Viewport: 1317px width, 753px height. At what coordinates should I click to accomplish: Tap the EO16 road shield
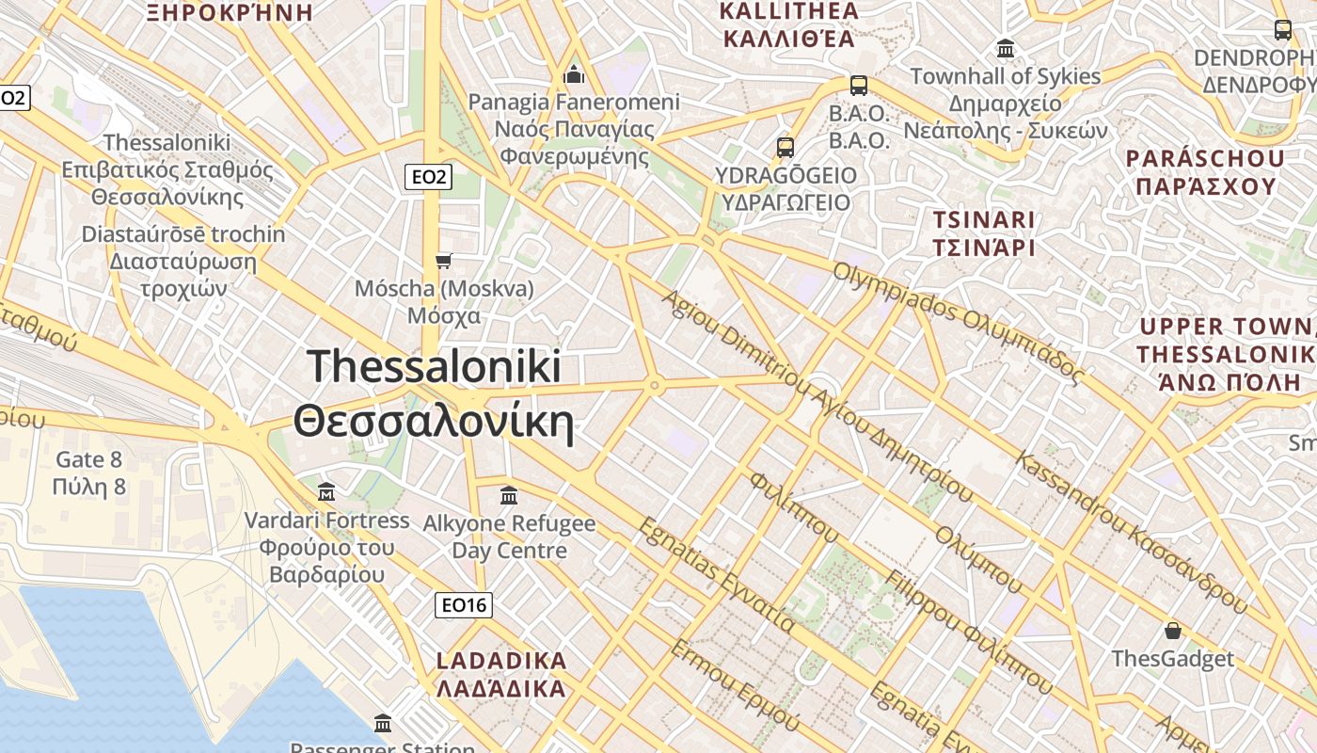point(465,605)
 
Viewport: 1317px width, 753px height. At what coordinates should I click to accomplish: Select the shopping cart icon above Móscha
point(444,261)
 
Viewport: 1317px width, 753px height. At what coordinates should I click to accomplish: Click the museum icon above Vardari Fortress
point(326,491)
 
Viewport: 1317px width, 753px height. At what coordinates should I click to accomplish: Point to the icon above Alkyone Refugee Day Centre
point(509,494)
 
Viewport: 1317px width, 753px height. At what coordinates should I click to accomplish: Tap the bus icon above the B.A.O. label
point(858,86)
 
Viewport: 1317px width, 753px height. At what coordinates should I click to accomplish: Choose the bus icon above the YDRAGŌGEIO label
point(785,148)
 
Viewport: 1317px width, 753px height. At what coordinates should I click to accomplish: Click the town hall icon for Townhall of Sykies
point(1006,48)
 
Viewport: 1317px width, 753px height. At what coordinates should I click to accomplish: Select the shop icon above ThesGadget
point(1172,630)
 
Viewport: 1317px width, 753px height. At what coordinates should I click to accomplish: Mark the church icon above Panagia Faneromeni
point(574,73)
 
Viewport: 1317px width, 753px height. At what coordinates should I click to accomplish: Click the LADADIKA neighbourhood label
point(502,674)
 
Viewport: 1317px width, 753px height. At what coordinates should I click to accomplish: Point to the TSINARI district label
point(983,233)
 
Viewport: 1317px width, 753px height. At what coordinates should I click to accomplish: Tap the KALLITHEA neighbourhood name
point(788,25)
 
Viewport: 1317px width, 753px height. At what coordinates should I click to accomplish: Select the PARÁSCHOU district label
point(1205,171)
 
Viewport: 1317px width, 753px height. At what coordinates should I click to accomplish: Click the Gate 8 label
point(89,473)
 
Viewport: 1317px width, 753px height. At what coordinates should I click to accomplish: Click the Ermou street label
point(734,684)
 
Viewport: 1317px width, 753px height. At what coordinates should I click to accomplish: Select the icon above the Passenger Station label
point(383,723)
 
